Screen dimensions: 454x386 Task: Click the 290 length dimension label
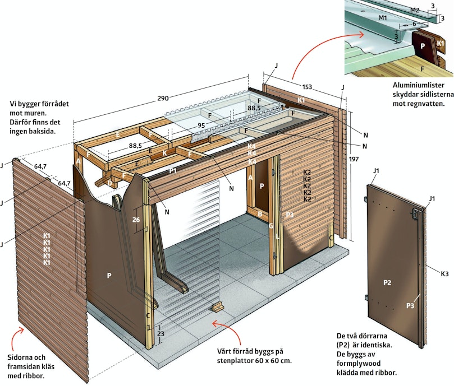(163, 98)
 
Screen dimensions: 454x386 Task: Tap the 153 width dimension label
(307, 87)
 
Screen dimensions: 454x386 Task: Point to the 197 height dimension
(354, 159)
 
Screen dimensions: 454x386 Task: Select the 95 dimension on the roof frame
(201, 125)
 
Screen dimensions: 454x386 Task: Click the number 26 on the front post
(136, 220)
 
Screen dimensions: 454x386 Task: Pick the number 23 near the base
(160, 334)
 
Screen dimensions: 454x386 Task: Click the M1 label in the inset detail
(383, 18)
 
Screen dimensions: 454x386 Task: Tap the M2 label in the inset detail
(415, 11)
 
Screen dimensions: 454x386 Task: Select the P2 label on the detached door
(387, 283)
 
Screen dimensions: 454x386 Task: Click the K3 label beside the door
(444, 273)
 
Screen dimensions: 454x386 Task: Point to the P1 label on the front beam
(173, 171)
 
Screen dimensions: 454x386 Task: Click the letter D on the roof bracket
(110, 183)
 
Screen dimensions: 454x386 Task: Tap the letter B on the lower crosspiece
(260, 215)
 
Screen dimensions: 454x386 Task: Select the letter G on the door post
(270, 226)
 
